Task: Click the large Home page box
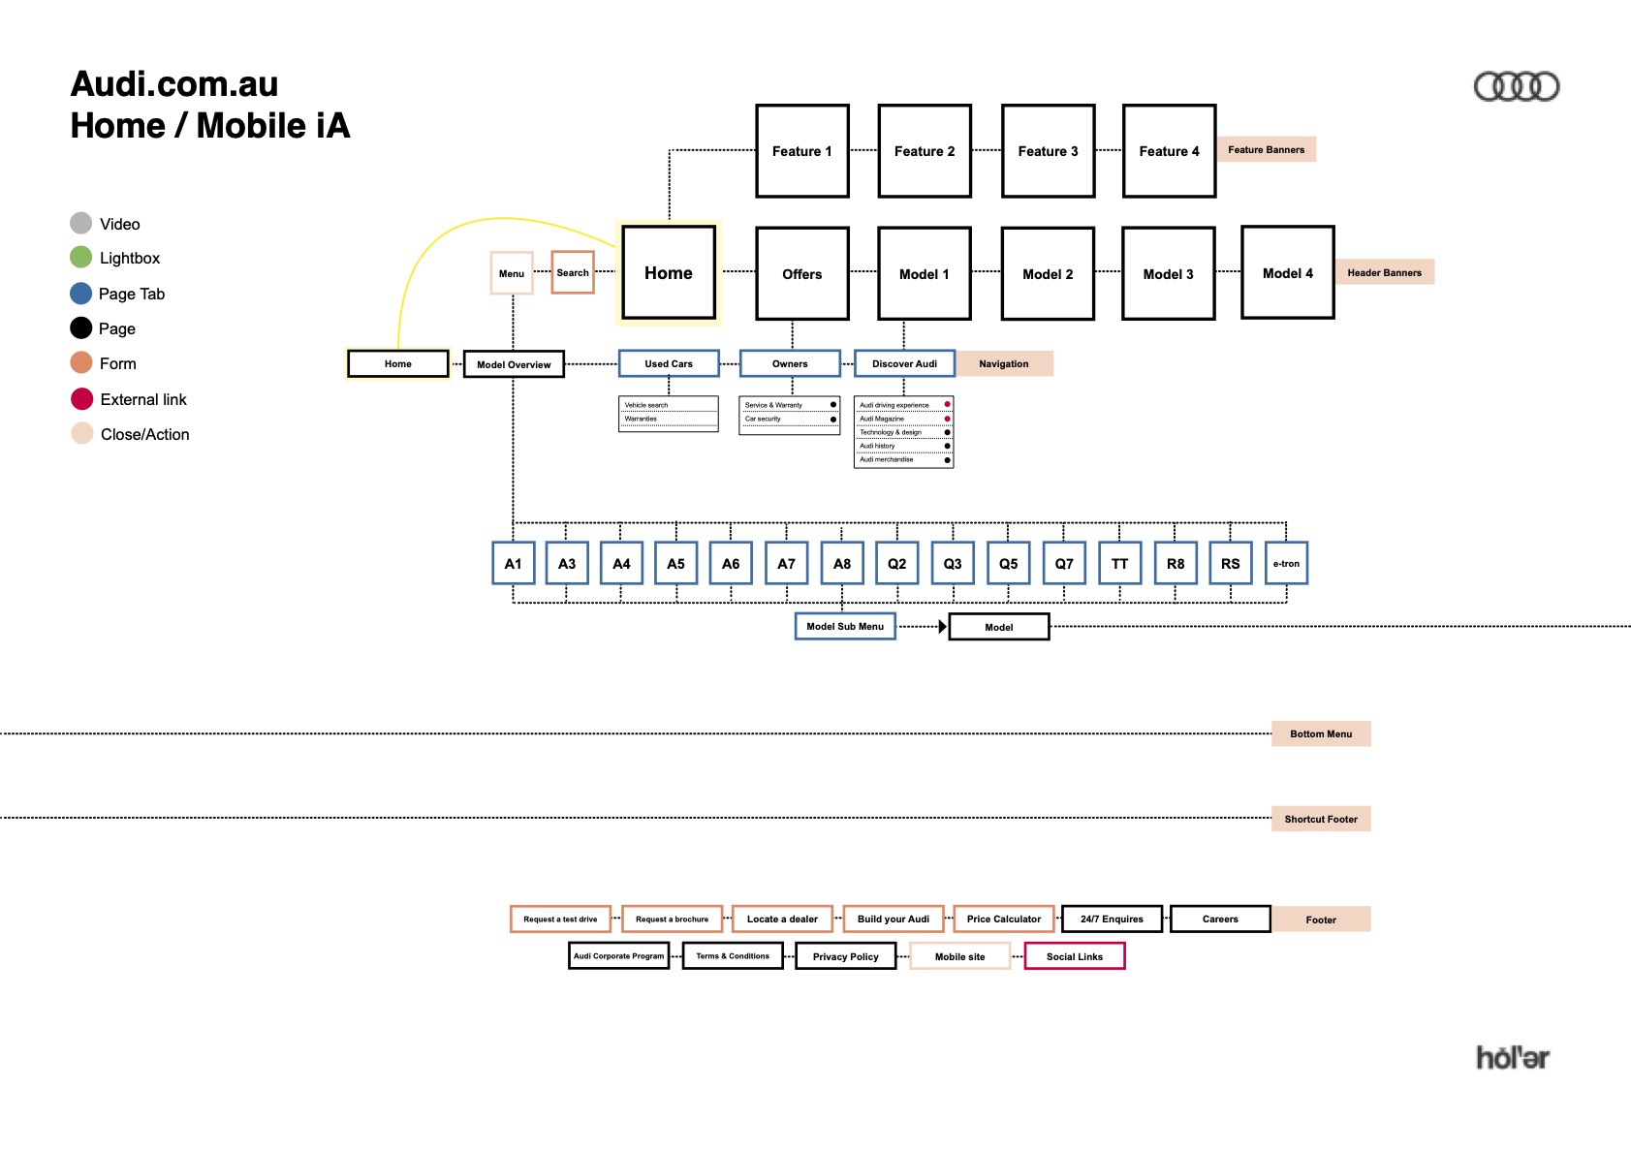coord(669,272)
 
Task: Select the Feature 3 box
coord(1048,151)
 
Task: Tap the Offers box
coord(802,273)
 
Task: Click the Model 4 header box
coord(1287,272)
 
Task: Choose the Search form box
coord(573,272)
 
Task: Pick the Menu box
coord(512,273)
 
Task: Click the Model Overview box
coord(514,364)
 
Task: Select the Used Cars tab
coord(669,363)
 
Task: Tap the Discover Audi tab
coord(904,363)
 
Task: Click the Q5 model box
coord(1008,563)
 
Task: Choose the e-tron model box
coord(1286,563)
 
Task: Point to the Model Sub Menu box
coord(845,626)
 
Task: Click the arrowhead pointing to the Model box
coord(942,627)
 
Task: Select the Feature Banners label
coord(1266,149)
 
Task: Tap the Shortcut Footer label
coord(1321,819)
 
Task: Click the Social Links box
coord(1075,956)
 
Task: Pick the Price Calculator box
coord(1004,919)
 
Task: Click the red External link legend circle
coord(82,399)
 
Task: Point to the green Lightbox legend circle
coord(81,258)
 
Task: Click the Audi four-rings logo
coord(1516,87)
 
